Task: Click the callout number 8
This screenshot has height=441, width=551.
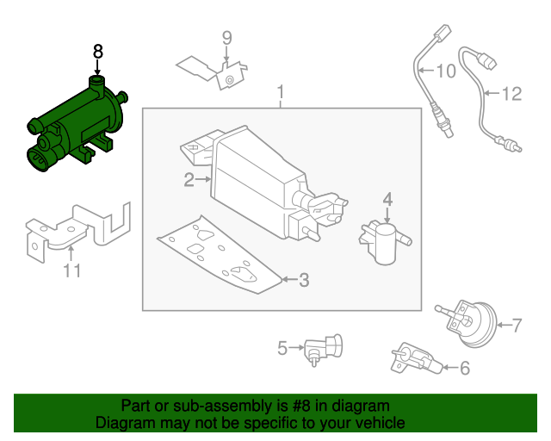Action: (x=97, y=52)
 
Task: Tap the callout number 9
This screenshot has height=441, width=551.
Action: (x=227, y=37)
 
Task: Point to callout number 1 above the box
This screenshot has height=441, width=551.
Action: (x=280, y=92)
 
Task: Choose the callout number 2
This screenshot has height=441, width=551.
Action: (x=189, y=180)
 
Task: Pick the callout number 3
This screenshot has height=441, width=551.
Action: (x=303, y=279)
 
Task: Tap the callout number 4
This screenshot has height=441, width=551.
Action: (x=387, y=199)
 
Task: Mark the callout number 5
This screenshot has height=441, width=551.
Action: (x=282, y=348)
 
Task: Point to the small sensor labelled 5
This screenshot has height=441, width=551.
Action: (x=323, y=346)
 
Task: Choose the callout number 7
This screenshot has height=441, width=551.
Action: (x=517, y=325)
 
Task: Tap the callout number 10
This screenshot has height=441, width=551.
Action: (x=446, y=71)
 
